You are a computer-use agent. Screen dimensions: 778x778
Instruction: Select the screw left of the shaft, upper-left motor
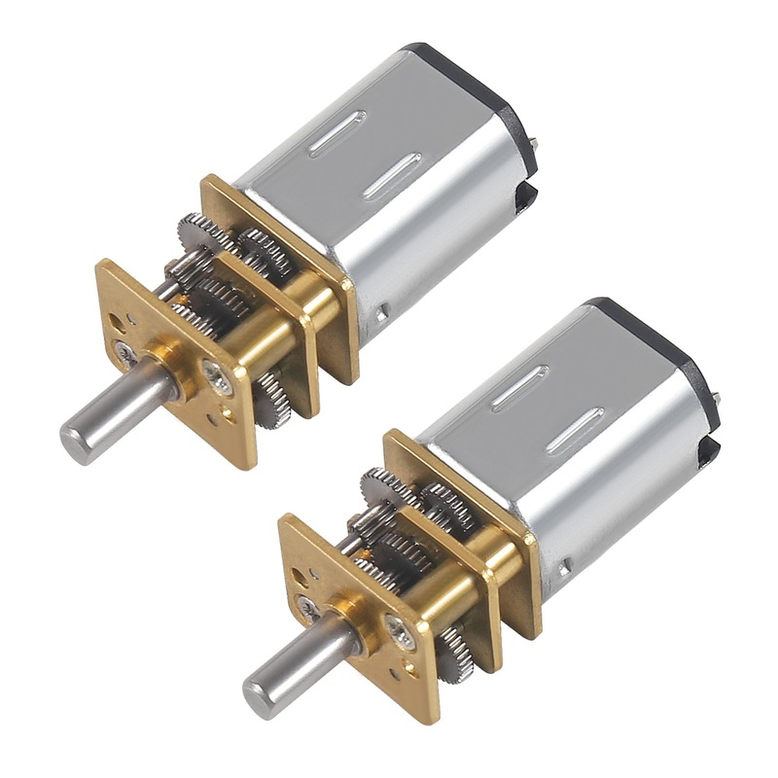125,354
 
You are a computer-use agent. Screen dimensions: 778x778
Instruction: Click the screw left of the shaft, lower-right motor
308,610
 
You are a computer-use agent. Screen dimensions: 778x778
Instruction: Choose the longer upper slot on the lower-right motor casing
519,388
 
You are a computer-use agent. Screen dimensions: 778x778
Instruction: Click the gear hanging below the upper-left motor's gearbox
274,400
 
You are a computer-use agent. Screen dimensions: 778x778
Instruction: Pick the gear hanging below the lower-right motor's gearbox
456,654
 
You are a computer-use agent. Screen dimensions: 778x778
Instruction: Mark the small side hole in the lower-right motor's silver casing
564,564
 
